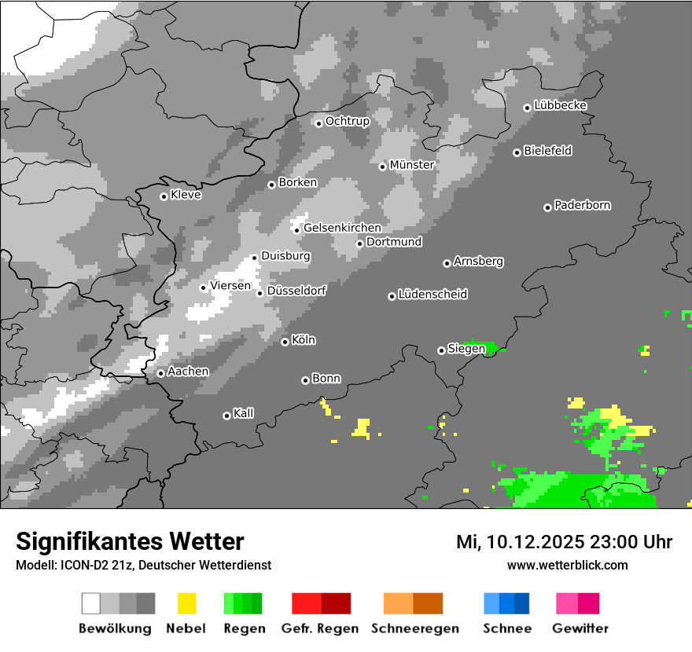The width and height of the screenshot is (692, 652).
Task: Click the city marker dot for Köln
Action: pyautogui.click(x=285, y=342)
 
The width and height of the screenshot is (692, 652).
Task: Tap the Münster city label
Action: pyautogui.click(x=412, y=165)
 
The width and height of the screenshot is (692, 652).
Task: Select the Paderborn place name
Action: pyautogui.click(x=582, y=206)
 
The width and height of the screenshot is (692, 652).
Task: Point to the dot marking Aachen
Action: pyautogui.click(x=160, y=373)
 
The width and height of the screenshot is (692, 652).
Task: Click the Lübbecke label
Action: pyautogui.click(x=560, y=106)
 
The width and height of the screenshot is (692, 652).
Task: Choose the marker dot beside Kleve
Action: pyautogui.click(x=164, y=196)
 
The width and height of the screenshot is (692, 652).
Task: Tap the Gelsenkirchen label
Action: pyautogui.click(x=342, y=229)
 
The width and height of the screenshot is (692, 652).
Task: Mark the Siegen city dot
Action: pyautogui.click(x=441, y=350)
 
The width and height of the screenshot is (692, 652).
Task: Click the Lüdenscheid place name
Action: pyautogui.click(x=432, y=295)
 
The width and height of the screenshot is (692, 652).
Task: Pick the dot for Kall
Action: pyautogui.click(x=226, y=416)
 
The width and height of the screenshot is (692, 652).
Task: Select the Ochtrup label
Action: pyautogui.click(x=347, y=122)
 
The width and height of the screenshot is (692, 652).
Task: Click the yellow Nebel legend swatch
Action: pyautogui.click(x=186, y=603)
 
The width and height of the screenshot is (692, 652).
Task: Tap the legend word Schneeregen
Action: pyautogui.click(x=414, y=628)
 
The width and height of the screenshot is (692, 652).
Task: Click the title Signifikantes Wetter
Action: pyautogui.click(x=130, y=541)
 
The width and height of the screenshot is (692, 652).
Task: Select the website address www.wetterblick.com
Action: pyautogui.click(x=567, y=565)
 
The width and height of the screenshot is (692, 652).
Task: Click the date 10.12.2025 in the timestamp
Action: pyautogui.click(x=536, y=542)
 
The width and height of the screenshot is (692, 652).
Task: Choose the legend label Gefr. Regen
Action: pyautogui.click(x=320, y=628)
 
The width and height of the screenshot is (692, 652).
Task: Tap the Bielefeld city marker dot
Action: pyautogui.click(x=517, y=152)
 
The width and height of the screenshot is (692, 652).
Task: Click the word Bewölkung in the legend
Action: pyautogui.click(x=115, y=628)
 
